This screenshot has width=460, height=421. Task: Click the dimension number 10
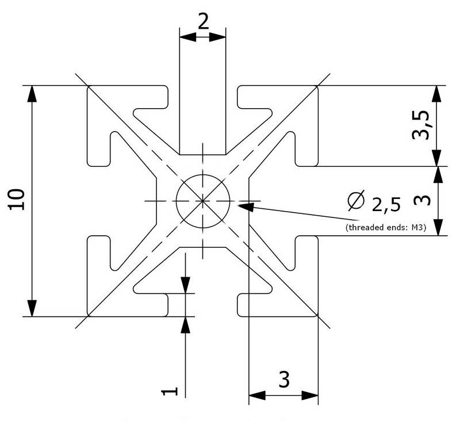pyautogui.click(x=17, y=200)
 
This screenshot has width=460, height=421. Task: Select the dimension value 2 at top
pyautogui.click(x=203, y=21)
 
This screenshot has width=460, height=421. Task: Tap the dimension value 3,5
pyautogui.click(x=421, y=125)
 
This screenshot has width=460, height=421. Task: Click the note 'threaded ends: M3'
pyautogui.click(x=385, y=228)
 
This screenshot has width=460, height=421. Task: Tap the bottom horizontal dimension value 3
pyautogui.click(x=283, y=379)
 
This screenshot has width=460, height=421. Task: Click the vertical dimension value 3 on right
pyautogui.click(x=421, y=200)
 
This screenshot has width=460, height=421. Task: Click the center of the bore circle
pyautogui.click(x=203, y=200)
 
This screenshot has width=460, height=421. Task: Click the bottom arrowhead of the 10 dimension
pyautogui.click(x=33, y=308)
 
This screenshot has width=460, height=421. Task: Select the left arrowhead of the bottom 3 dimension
pyautogui.click(x=256, y=395)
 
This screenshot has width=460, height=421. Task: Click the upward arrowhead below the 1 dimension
pyautogui.click(x=185, y=324)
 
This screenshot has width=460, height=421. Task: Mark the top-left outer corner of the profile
pyautogui.click(x=87, y=86)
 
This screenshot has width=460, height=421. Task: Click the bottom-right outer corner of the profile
pyautogui.click(x=318, y=316)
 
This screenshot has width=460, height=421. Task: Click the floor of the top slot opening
pyautogui.click(x=202, y=154)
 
